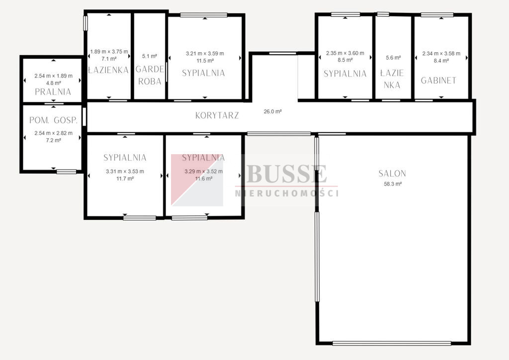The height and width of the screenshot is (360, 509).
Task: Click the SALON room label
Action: click(392, 174)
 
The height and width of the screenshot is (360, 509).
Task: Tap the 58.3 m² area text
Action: click(393, 184)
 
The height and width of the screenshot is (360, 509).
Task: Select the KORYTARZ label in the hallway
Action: click(217, 115)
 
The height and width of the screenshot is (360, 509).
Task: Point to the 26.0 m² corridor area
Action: click(273, 111)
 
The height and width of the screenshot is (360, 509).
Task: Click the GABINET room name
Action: click(438, 81)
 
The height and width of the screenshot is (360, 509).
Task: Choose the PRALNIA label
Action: click(53, 92)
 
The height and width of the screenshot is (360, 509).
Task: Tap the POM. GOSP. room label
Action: click(54, 120)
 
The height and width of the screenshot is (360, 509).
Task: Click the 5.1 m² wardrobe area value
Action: click(150, 56)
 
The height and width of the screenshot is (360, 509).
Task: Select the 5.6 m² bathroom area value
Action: click(394, 58)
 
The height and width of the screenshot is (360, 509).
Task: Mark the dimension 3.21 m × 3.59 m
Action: click(205, 54)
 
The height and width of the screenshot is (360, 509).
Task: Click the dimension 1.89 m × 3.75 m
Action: click(109, 52)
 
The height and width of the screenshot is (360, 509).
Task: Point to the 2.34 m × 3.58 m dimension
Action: click(441, 54)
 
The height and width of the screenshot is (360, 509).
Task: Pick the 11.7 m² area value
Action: click(125, 179)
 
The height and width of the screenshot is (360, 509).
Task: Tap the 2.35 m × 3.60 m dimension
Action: click(345, 53)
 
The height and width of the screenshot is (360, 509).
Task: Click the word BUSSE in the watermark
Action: click(287, 174)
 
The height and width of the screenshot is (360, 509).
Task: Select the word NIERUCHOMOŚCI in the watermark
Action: click(287, 193)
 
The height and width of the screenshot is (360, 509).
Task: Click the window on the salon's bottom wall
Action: click(392, 343)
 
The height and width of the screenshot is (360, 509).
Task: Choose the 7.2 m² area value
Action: click(54, 140)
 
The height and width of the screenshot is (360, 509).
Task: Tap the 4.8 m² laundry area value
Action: click(54, 83)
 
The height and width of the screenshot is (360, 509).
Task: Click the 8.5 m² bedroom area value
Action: click(345, 60)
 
